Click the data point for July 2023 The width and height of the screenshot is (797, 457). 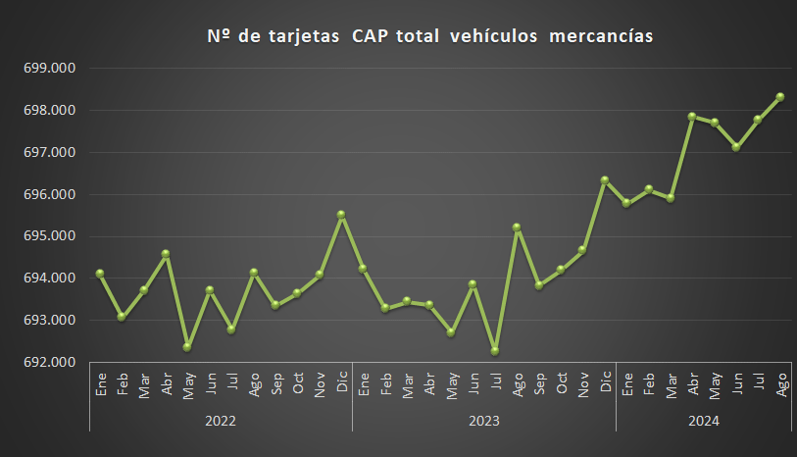tap(495, 350)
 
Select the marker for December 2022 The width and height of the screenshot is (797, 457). tap(341, 214)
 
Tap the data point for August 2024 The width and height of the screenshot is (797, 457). tap(780, 96)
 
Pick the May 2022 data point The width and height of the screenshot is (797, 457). tap(187, 346)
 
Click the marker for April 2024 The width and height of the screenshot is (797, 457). tap(692, 116)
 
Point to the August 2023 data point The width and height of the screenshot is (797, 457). tap(517, 227)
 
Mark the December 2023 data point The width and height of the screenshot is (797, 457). tap(604, 179)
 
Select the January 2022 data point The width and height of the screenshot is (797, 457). tap(100, 273)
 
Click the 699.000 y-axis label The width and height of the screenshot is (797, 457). tap(48, 69)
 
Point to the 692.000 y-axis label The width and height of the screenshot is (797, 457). tap(48, 362)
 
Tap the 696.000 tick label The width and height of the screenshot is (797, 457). tap(48, 194)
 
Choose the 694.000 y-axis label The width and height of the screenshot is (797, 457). tap(48, 279)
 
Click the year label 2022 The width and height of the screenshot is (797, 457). tap(221, 421)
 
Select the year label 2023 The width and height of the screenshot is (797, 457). tap(484, 421)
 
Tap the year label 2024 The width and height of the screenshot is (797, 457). tap(703, 421)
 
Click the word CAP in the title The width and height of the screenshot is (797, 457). tap(369, 37)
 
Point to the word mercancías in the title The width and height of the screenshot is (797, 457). tap(601, 37)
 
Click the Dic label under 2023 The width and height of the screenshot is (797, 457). tap(605, 383)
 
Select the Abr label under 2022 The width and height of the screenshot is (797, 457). tap(166, 384)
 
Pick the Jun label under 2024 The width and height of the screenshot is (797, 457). tap(736, 384)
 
